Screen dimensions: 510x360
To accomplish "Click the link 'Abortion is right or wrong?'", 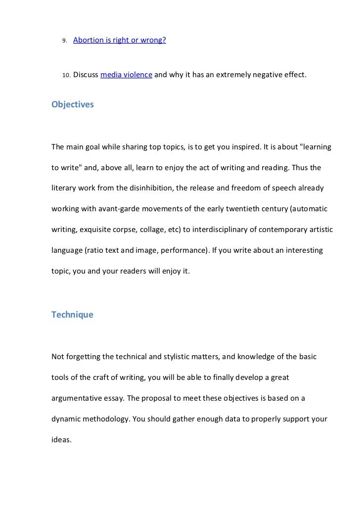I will (x=119, y=40).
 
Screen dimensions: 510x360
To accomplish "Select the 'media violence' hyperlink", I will (x=126, y=75).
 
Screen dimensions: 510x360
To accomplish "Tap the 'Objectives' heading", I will (x=72, y=105).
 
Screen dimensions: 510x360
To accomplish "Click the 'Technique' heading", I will (x=72, y=315).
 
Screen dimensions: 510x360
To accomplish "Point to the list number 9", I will (x=64, y=41).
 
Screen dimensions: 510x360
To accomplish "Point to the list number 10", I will (x=66, y=76).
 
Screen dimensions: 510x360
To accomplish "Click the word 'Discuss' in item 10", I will (x=86, y=75).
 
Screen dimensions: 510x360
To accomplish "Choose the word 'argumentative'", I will (x=77, y=398).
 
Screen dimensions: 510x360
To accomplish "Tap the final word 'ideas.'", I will (x=62, y=439).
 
